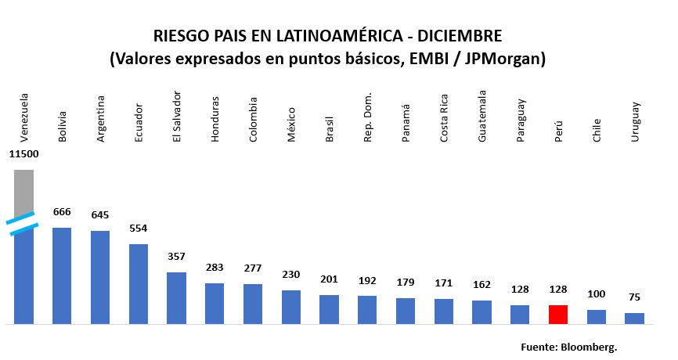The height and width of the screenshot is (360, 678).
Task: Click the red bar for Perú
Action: click(x=558, y=315)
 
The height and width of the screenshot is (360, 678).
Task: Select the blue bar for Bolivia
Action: click(x=62, y=275)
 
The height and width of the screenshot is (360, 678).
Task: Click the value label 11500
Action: click(x=23, y=154)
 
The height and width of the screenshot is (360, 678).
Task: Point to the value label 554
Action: click(x=139, y=228)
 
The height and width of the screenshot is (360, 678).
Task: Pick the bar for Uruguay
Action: click(x=634, y=319)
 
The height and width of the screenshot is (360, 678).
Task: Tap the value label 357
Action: click(x=177, y=256)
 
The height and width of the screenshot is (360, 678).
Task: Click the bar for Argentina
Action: click(x=100, y=277)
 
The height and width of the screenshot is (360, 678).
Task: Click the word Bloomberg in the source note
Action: click(x=589, y=345)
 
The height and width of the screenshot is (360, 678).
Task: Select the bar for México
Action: click(x=291, y=307)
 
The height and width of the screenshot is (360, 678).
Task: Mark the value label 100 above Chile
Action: click(x=597, y=293)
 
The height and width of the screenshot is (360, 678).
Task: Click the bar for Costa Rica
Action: click(x=444, y=311)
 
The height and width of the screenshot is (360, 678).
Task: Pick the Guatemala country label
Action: click(x=481, y=116)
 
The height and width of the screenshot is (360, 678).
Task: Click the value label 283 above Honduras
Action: click(x=215, y=267)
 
